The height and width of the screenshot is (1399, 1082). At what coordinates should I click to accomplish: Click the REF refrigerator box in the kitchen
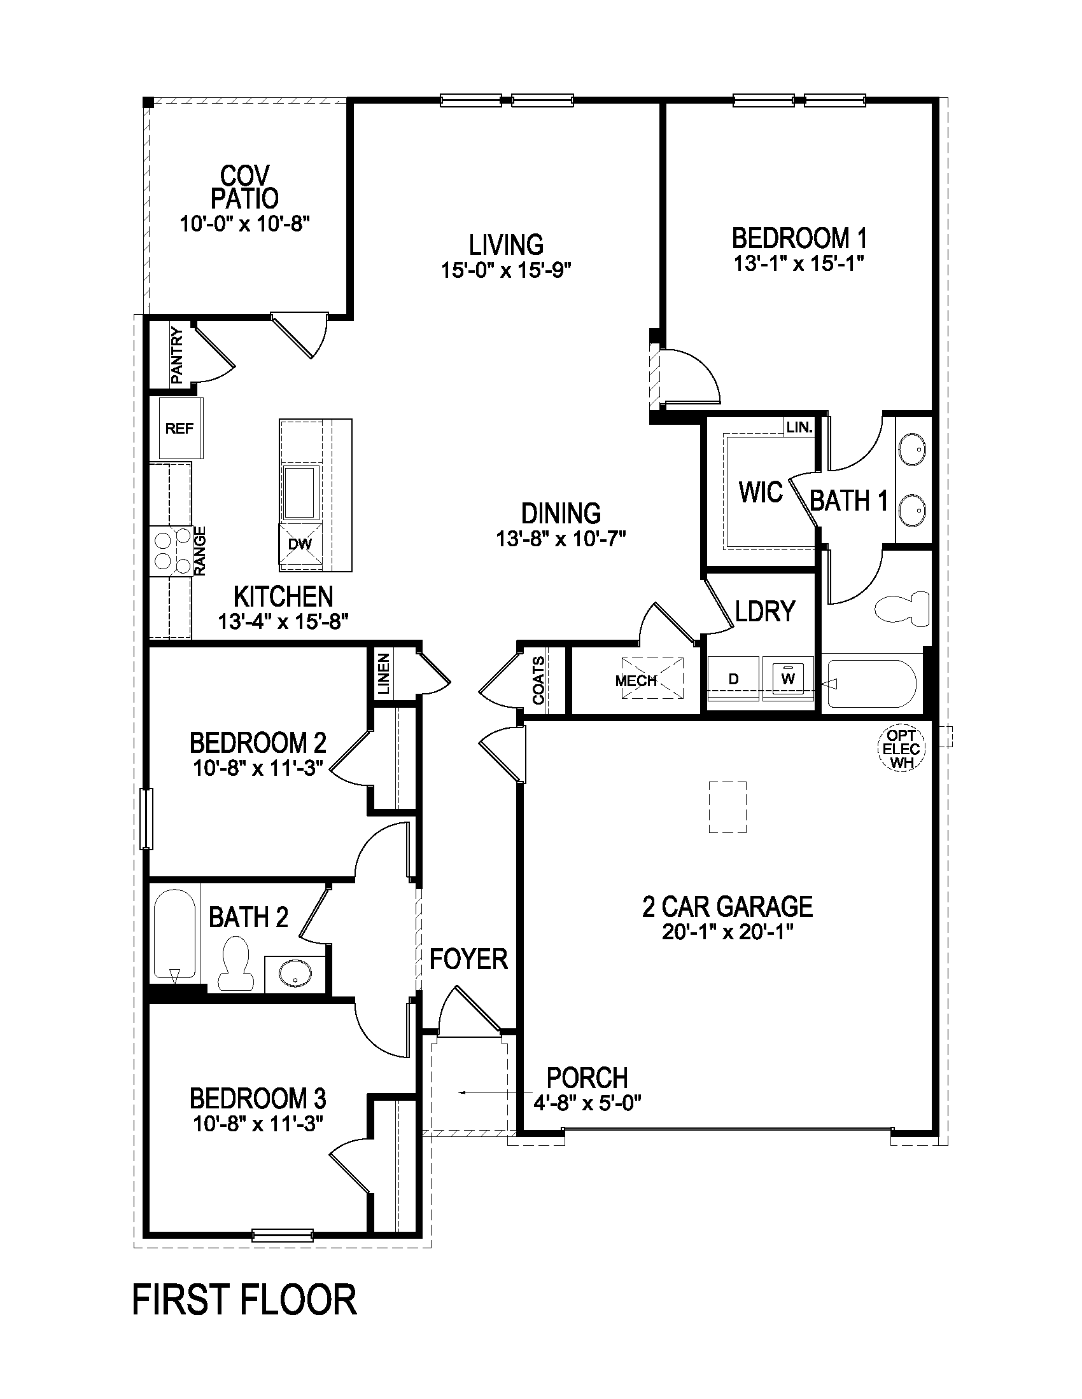click(181, 428)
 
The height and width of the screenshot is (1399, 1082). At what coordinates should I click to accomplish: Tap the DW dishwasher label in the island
click(300, 544)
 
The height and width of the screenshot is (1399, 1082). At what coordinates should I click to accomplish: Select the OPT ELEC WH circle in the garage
click(901, 749)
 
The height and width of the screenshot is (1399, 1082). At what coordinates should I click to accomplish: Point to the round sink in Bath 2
click(295, 975)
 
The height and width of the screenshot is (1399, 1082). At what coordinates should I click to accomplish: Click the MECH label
click(636, 681)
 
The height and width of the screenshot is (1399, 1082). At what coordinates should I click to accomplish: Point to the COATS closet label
click(538, 680)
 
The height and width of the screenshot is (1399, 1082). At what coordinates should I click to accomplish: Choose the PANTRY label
click(177, 356)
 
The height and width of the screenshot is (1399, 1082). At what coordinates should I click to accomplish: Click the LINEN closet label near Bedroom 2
click(383, 675)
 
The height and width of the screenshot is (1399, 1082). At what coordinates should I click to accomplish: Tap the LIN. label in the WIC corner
click(799, 427)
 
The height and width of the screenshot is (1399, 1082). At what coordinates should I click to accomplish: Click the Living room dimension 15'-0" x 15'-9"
click(506, 270)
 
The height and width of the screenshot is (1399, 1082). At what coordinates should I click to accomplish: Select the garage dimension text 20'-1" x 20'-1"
click(728, 932)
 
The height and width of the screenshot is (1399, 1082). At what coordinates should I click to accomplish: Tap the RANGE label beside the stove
click(200, 551)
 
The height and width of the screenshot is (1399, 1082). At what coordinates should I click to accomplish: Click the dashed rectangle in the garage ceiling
click(727, 806)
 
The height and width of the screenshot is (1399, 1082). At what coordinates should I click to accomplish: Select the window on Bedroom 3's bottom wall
click(283, 1235)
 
